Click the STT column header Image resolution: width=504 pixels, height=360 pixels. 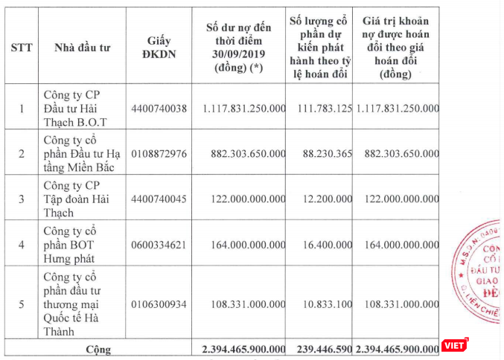21,47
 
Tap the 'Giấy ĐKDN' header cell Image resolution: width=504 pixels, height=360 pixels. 157,47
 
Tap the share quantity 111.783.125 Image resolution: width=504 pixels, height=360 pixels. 322,108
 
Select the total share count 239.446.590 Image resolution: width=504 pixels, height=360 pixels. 322,348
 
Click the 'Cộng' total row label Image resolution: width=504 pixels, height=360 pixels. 98,348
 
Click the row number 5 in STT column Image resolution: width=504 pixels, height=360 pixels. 21,303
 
